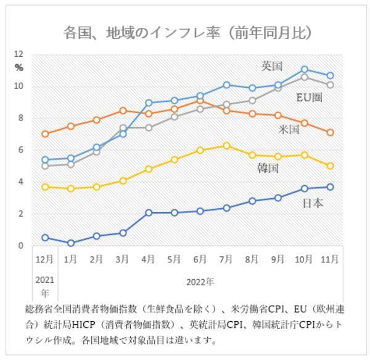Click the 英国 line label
[271, 65]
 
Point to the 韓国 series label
[268, 167]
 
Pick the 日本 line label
[312, 203]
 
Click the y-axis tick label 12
[18, 54]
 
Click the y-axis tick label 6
[20, 150]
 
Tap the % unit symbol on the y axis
[18, 67]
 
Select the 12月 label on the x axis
[44, 260]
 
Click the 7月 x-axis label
[227, 260]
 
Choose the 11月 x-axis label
[330, 260]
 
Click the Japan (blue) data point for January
[71, 243]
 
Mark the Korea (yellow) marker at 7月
[227, 146]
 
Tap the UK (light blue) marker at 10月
[305, 70]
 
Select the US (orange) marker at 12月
[45, 134]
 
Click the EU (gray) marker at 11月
[331, 85]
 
